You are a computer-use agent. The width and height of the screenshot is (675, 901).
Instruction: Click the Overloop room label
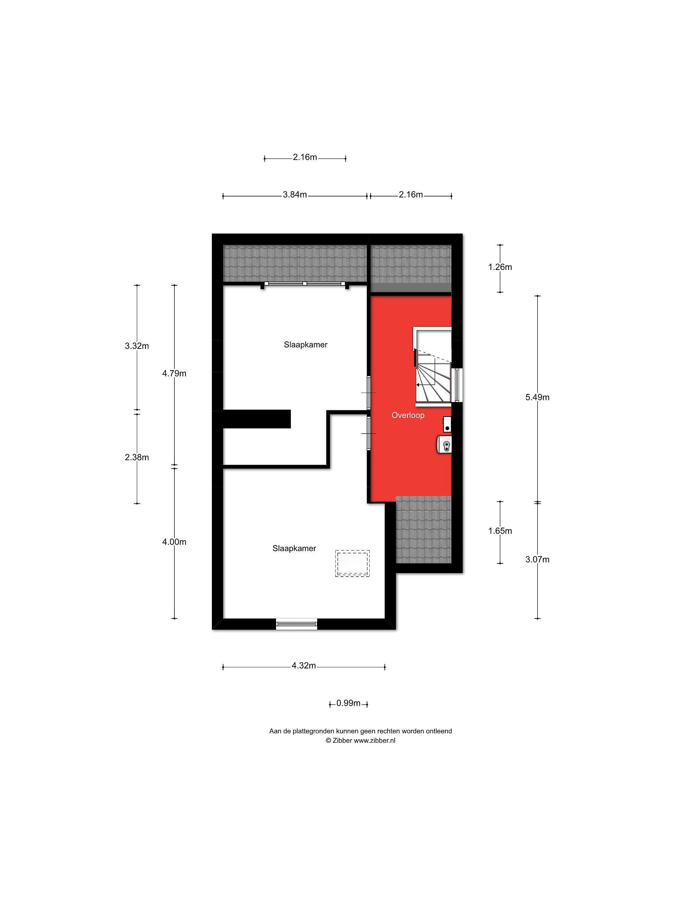pos(408,415)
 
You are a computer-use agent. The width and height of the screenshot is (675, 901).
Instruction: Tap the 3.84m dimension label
pos(295,195)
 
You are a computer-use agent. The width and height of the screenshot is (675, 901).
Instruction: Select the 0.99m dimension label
pos(348,703)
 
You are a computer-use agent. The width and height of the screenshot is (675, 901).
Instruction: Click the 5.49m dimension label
pos(537,397)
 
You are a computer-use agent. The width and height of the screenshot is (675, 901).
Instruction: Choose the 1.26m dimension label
pos(500,267)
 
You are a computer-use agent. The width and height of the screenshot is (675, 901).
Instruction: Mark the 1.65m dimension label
pos(500,531)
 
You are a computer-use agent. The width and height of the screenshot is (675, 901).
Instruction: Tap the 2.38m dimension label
pos(137,457)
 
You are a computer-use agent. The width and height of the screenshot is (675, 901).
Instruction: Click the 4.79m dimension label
pos(174,374)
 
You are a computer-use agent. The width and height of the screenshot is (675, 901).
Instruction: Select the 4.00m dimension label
pos(174,542)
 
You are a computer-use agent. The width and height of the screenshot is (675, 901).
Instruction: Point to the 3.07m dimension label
pos(537,560)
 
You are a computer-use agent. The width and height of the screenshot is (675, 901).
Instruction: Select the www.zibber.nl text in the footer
pos(374,741)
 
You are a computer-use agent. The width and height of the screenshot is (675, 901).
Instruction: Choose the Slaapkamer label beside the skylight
pos(294,548)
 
